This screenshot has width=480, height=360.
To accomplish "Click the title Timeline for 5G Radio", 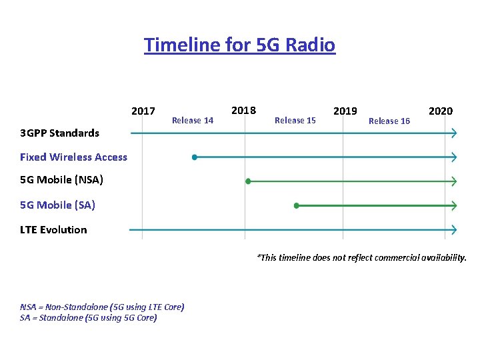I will tap(239, 45).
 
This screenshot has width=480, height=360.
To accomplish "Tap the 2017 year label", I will tap(143, 111).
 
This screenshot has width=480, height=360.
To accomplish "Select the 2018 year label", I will tap(243, 110).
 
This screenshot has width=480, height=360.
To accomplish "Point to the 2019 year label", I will tap(345, 111).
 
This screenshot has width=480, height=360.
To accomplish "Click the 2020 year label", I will tap(440, 111).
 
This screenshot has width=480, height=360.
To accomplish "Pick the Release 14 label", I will tap(193, 121).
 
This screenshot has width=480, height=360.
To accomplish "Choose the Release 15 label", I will tap(295, 121).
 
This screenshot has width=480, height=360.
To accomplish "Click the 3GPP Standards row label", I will tap(59, 133).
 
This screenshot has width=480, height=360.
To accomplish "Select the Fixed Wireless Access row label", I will tap(73, 157).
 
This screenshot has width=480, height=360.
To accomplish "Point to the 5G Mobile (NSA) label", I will tap(61, 180).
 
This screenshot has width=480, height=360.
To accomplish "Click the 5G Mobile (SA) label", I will tap(57, 205).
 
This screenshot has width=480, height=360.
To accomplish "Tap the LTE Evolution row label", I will tap(53, 230).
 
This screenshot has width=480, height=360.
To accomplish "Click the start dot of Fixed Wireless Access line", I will tap(194, 157).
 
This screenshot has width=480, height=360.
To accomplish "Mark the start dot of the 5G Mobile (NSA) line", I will tap(248, 181).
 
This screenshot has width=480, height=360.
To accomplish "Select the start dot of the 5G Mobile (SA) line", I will tap(297, 205).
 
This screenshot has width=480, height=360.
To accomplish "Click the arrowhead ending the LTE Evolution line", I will tap(454, 230).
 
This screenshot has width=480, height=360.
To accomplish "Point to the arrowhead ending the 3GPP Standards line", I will tap(454, 133).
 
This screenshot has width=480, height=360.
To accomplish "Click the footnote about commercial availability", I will tap(361, 257).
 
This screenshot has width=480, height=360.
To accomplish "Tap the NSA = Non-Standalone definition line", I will tap(102, 307).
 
